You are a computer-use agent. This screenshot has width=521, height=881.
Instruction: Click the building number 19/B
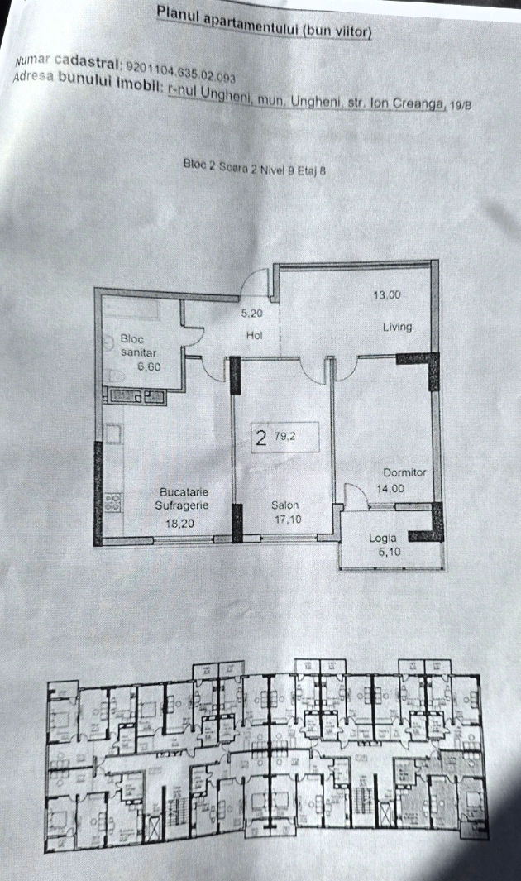click(461, 104)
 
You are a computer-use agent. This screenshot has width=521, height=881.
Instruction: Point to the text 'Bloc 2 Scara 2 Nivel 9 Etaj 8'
click(255, 167)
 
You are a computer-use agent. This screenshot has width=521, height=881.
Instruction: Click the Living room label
click(398, 327)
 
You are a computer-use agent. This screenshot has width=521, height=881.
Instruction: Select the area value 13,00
click(387, 295)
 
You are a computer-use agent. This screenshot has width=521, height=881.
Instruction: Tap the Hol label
click(255, 335)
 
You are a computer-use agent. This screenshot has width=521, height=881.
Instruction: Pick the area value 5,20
click(252, 314)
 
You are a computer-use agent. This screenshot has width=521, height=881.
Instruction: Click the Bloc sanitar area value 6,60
click(149, 367)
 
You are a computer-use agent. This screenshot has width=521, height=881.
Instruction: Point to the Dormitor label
click(404, 472)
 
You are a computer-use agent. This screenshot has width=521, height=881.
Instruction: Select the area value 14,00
click(390, 489)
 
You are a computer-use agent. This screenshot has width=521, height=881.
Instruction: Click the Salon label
click(285, 505)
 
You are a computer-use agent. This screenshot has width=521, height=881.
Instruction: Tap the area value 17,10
click(288, 520)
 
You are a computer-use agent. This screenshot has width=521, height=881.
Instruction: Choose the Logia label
click(382, 539)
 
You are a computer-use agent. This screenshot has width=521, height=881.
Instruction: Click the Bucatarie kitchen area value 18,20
click(179, 524)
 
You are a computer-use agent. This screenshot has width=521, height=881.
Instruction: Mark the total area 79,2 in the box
click(285, 435)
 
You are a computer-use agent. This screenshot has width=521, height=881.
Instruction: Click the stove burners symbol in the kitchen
click(112, 502)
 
